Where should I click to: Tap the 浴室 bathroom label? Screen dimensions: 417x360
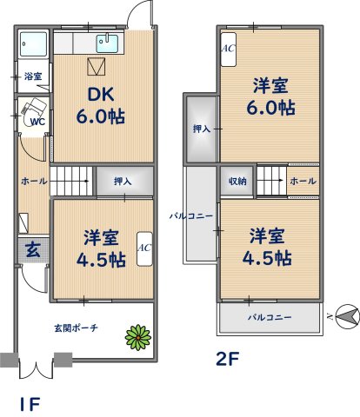34,76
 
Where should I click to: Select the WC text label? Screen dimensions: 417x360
37,122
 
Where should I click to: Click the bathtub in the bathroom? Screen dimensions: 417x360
34,43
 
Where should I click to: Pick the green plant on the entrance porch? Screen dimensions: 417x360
136,335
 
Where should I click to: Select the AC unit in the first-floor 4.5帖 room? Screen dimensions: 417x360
143,251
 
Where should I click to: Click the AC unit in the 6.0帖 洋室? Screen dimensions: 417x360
228,50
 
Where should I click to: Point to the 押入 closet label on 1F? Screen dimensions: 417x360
123,182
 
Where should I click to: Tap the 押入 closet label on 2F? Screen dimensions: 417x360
199,129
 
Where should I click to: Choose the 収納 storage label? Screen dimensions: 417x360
237,182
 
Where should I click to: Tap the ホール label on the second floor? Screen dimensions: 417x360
301,182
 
